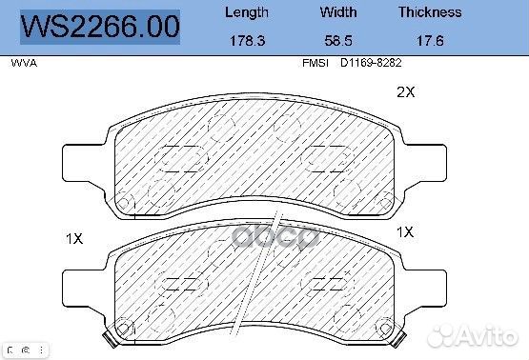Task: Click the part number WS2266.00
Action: [x=100, y=27]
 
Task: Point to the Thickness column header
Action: [x=430, y=12]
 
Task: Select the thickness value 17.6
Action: [x=430, y=41]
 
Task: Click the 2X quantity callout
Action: [x=406, y=92]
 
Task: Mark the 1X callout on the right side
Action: [x=405, y=231]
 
